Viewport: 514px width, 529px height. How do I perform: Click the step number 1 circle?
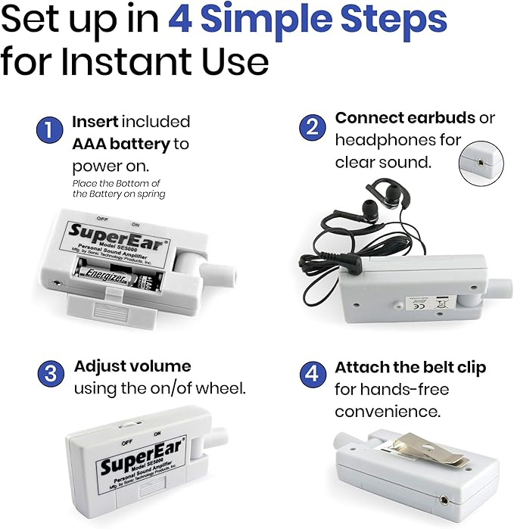pos(49,130)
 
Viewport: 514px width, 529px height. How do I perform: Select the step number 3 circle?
pos(49,375)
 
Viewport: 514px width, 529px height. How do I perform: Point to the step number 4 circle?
pos(311,375)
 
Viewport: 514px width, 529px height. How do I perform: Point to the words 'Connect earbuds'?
pos(404,118)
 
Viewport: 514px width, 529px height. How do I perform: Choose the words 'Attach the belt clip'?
pos(410,367)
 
